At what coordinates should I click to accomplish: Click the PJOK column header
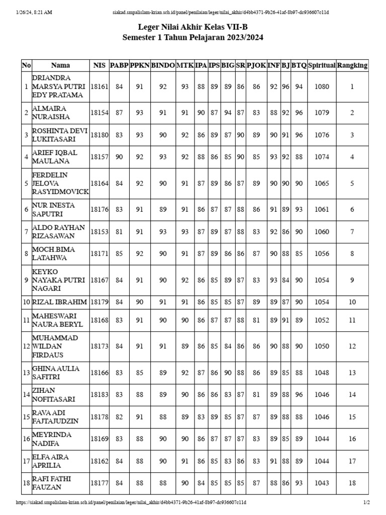tap(256, 65)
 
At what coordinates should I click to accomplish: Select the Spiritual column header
tap(322, 65)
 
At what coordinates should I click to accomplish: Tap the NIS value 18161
tap(99, 87)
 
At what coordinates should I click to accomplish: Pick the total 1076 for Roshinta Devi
tap(322, 135)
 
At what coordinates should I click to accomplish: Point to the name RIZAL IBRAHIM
tap(59, 302)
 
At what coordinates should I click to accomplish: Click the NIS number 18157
tap(99, 157)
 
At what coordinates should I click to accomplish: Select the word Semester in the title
tap(142, 38)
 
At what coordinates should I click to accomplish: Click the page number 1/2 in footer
tap(366, 502)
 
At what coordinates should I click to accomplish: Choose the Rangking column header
tap(352, 65)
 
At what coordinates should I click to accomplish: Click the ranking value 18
tap(352, 483)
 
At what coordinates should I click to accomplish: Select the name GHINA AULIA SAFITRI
tap(55, 373)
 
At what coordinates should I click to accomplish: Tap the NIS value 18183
tap(99, 395)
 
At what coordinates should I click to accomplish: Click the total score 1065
tap(322, 184)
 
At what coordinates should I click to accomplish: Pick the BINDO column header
tap(163, 65)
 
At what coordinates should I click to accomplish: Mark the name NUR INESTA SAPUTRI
tap(52, 209)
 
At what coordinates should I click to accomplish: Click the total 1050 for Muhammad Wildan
tap(322, 346)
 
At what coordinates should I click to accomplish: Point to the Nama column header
tap(60, 65)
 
